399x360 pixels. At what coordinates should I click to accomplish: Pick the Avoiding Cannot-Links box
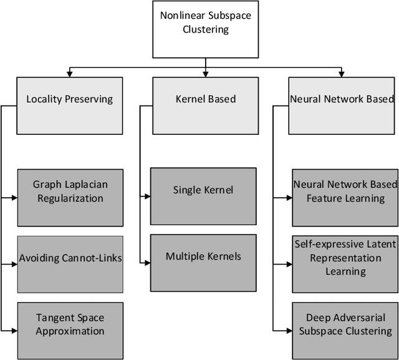click(x=69, y=258)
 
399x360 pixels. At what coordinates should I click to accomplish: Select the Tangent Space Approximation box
click(x=69, y=324)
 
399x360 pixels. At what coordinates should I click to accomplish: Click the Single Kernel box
click(x=203, y=190)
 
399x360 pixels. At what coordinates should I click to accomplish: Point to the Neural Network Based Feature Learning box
click(x=344, y=190)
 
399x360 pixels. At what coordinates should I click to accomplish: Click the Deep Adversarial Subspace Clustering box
click(x=344, y=324)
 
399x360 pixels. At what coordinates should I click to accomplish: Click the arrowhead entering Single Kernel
click(x=147, y=196)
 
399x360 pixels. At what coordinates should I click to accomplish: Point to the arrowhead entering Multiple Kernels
click(x=147, y=262)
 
